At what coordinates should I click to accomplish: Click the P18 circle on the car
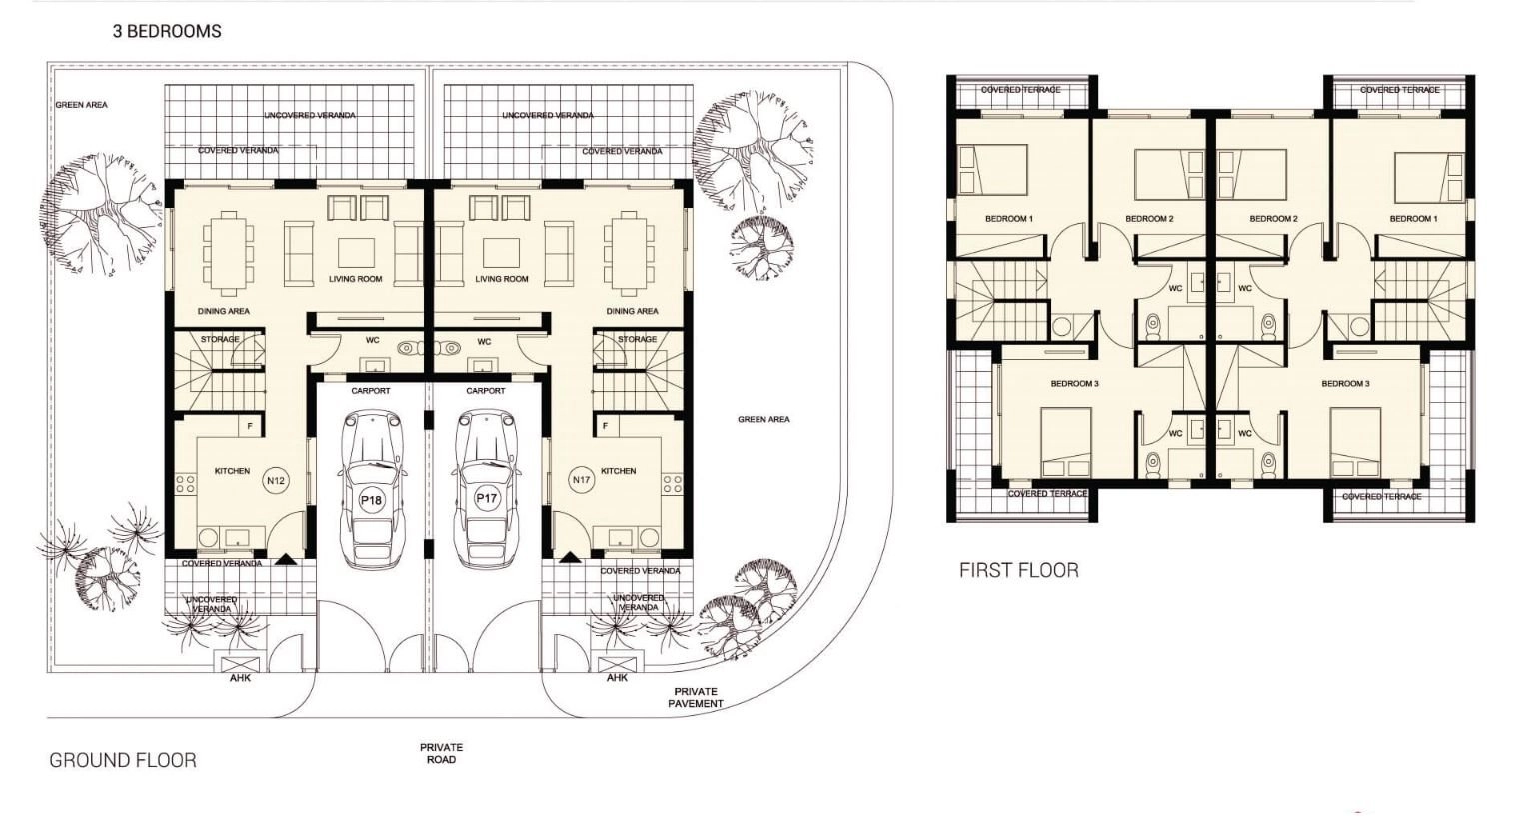(x=371, y=500)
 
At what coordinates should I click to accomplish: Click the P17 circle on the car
(x=486, y=499)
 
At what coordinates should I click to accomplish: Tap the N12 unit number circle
(x=276, y=481)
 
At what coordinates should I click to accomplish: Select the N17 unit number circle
(x=581, y=480)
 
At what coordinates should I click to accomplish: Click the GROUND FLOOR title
(x=123, y=760)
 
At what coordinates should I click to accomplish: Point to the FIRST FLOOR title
(x=1019, y=570)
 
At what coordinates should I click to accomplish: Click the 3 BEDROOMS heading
(x=167, y=31)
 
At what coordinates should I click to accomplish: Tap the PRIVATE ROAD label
(x=442, y=753)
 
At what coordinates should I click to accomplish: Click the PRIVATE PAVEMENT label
(x=696, y=697)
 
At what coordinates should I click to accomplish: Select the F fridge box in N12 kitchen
(x=250, y=427)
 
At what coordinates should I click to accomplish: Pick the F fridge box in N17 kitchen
(x=605, y=426)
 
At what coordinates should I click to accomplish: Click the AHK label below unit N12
(x=240, y=678)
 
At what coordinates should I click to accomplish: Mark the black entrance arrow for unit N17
(x=570, y=558)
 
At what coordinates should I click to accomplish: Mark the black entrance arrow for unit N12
(x=284, y=559)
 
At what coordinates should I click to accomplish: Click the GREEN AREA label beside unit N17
(x=763, y=420)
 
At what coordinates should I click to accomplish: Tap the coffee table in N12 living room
(x=356, y=253)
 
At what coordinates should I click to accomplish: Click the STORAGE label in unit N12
(x=220, y=339)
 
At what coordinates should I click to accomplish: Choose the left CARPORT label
(x=370, y=391)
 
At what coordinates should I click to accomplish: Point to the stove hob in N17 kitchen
(x=672, y=484)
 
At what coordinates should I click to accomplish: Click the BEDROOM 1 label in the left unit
(x=1009, y=219)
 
